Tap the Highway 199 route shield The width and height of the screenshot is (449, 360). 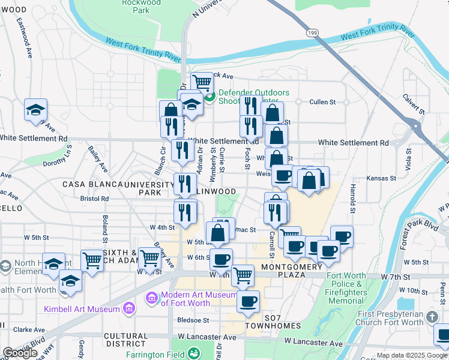click(311, 32)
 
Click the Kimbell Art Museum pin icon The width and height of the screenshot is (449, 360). click(127, 309)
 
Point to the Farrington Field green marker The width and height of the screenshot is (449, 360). click(194, 354)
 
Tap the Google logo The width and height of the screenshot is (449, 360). click(19, 353)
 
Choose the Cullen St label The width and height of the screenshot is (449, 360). click(322, 102)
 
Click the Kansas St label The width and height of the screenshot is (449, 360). click(382, 178)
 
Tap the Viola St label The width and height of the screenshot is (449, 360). click(408, 159)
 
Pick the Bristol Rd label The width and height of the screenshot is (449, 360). click(95, 198)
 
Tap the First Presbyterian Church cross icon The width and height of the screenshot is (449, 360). click(432, 316)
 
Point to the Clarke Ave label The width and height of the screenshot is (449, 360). click(26, 329)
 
